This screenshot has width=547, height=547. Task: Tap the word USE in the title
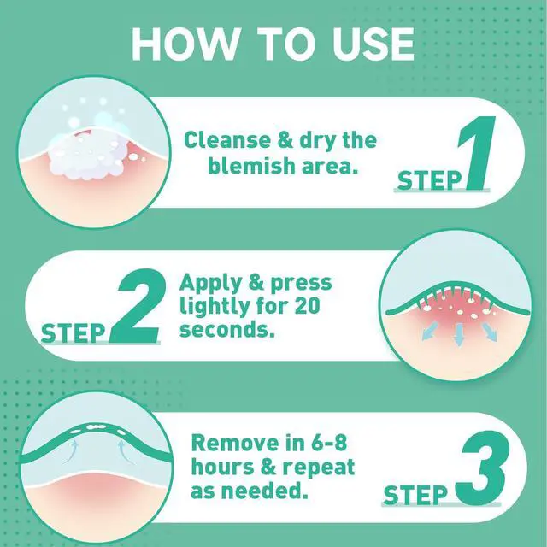coord(373,44)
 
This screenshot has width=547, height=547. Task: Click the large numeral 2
coord(138,306)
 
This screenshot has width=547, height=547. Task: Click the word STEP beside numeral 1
coord(429,180)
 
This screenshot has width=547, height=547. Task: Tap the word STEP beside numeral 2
coord(73,333)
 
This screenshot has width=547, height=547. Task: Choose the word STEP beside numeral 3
coord(415,495)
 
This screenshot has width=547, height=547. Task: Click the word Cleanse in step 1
coord(227,140)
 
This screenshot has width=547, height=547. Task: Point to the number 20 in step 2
coord(307,306)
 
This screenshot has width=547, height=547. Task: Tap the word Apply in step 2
coord(209,283)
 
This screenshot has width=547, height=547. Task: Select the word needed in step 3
coord(265,491)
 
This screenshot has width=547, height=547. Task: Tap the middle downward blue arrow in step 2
coord(459,334)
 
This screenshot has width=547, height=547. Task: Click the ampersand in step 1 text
coord(285,140)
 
